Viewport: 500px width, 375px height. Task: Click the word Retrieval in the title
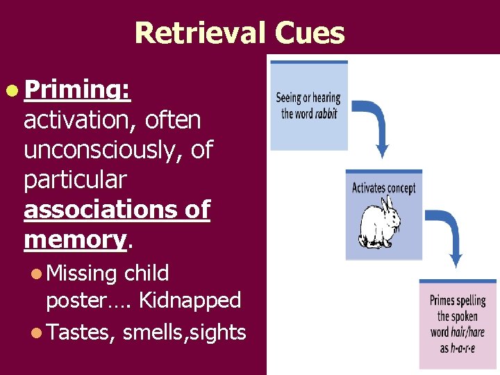[199, 33]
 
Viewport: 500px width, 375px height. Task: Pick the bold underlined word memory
[75, 239]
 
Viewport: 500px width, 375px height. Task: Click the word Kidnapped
[190, 301]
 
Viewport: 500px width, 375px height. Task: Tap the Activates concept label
[384, 187]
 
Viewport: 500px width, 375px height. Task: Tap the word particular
[74, 179]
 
